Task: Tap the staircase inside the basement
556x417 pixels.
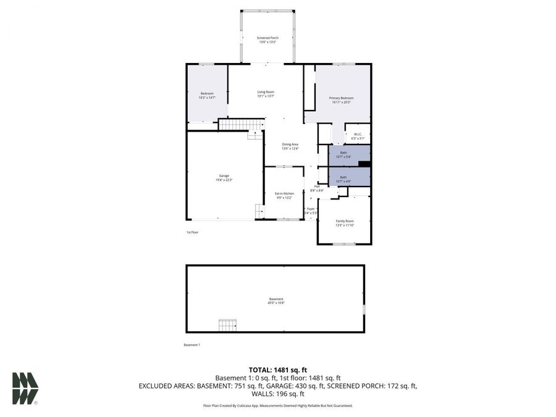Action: pyautogui.click(x=227, y=325)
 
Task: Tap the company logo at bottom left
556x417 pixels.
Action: pyautogui.click(x=25, y=389)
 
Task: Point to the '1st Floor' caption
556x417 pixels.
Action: pyautogui.click(x=193, y=232)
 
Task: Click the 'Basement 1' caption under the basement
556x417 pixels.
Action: pyautogui.click(x=192, y=345)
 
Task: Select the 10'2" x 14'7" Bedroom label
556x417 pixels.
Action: pyautogui.click(x=206, y=95)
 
